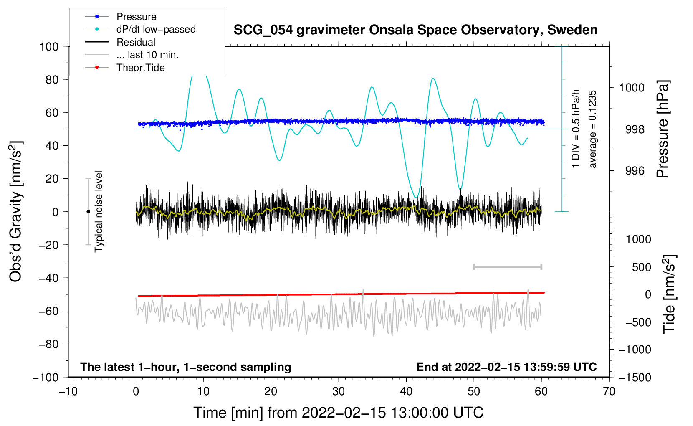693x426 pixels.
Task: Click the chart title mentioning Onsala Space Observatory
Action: [415, 30]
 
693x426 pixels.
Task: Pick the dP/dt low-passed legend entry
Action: [156, 29]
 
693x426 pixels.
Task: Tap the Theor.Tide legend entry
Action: [141, 68]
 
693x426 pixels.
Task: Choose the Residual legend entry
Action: [136, 42]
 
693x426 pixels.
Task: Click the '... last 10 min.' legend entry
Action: [147, 55]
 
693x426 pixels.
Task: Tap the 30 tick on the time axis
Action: [339, 391]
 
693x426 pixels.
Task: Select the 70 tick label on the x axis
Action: [609, 391]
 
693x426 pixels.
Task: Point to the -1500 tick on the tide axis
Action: [635, 377]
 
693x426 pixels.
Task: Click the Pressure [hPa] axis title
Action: [663, 129]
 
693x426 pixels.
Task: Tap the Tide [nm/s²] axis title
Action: [669, 294]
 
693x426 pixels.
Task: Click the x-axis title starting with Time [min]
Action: [339, 413]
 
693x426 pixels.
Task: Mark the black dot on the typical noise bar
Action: [88, 212]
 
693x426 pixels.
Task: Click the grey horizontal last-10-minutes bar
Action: [507, 266]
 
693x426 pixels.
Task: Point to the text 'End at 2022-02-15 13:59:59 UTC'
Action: [506, 367]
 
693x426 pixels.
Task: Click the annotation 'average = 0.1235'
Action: [593, 129]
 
